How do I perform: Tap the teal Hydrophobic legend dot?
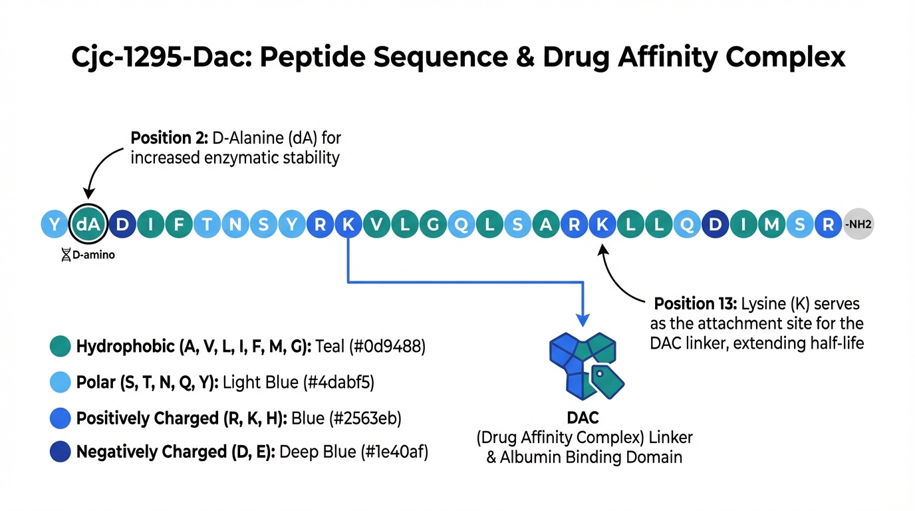point(60,347)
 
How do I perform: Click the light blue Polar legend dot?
point(60,383)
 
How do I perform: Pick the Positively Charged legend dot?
point(60,418)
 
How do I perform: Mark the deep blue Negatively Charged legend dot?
point(60,452)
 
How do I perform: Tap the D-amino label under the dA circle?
point(88,255)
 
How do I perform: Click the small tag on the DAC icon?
point(610,379)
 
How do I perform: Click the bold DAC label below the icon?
point(583,419)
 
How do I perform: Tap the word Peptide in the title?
point(311,57)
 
